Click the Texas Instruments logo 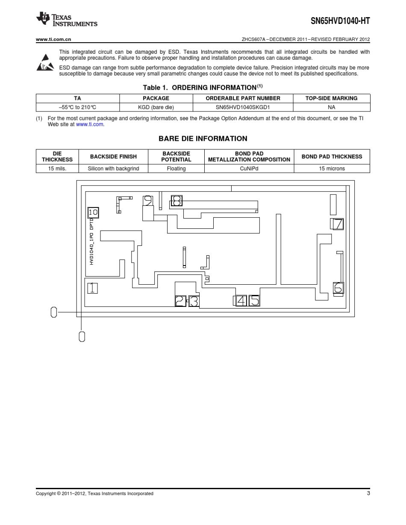[x=67, y=19]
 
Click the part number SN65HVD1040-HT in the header [x=340, y=20]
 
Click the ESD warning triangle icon [x=44, y=62]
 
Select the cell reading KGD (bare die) [x=156, y=107]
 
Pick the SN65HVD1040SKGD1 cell [x=243, y=107]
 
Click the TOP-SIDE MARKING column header [x=331, y=98]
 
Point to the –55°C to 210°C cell [x=77, y=107]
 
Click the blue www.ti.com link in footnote [x=90, y=124]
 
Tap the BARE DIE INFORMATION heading [x=203, y=139]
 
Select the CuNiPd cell [x=249, y=169]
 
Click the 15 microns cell [x=332, y=169]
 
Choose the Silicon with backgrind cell [x=113, y=169]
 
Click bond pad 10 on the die [x=93, y=212]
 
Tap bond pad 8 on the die [x=177, y=200]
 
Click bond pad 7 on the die [x=337, y=224]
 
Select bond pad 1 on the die [x=92, y=288]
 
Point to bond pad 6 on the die [x=338, y=288]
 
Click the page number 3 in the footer [x=368, y=493]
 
